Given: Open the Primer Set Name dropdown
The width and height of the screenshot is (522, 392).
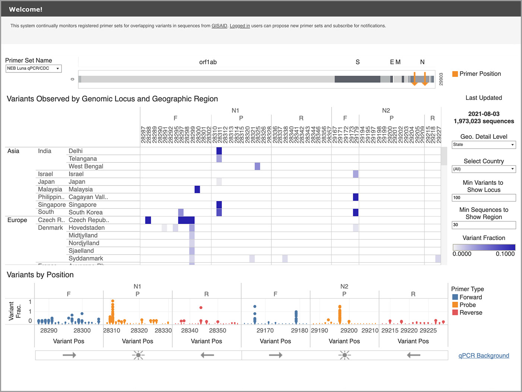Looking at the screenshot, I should click(x=34, y=68).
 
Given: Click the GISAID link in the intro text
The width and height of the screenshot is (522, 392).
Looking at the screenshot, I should click(x=219, y=26).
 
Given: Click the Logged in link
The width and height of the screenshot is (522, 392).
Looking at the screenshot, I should click(x=240, y=26).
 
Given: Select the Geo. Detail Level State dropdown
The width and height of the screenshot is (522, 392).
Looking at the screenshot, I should click(x=484, y=145).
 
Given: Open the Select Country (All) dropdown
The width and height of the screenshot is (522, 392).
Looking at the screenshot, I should click(x=484, y=169).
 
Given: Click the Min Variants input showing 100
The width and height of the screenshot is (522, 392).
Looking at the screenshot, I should click(x=484, y=197).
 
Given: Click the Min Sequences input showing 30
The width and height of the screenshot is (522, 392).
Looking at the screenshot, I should click(x=484, y=225).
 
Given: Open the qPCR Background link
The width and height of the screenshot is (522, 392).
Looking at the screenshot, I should click(x=484, y=355).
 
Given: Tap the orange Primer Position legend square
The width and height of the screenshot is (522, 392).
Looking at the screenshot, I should click(x=455, y=74).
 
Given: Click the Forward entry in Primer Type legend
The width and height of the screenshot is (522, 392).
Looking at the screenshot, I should click(x=471, y=297).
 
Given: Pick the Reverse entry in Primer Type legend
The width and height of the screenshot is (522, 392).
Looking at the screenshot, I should click(x=471, y=312).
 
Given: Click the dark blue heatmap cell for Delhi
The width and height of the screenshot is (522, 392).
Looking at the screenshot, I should click(x=219, y=151).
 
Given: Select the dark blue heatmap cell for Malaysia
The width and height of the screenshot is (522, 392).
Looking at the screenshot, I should click(x=197, y=189).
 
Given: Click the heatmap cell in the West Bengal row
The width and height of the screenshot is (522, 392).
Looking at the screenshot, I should click(x=257, y=166).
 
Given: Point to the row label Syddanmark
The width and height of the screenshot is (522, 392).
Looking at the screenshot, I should click(x=86, y=258).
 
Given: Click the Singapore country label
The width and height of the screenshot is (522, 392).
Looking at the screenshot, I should click(x=51, y=205).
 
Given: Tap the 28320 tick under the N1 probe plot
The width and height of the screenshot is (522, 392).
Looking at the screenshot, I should click(x=139, y=330).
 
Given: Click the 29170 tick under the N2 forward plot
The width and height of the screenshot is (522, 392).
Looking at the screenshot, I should click(x=265, y=330).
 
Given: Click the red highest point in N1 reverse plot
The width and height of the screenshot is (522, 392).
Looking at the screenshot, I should click(x=201, y=308).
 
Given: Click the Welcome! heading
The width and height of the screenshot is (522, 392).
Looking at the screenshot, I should click(x=26, y=9).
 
